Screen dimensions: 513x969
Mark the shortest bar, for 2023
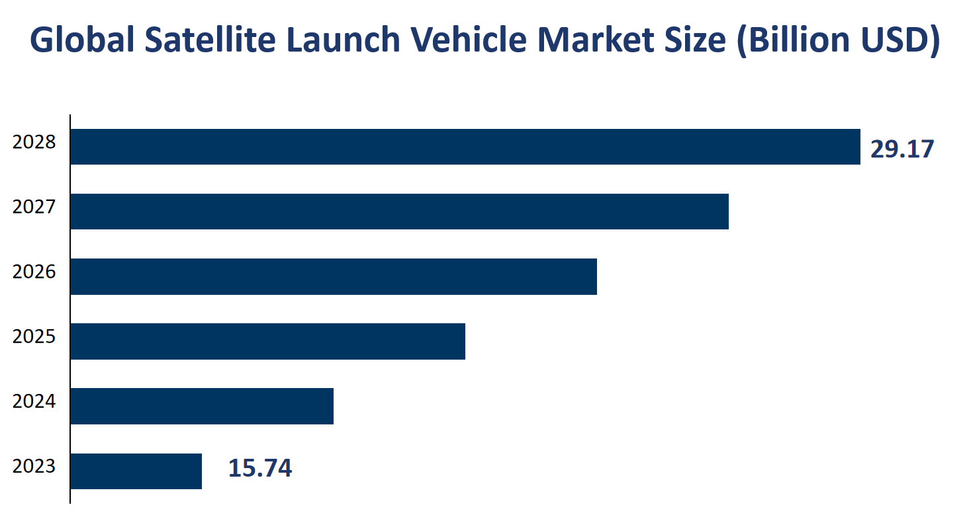pyautogui.click(x=136, y=471)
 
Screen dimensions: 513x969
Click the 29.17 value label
pyautogui.click(x=901, y=149)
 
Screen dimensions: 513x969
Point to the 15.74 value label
pyautogui.click(x=259, y=469)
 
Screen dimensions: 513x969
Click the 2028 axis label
pyautogui.click(x=34, y=142)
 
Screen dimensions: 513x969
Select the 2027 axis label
pyautogui.click(x=34, y=207)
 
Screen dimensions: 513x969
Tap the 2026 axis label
pyautogui.click(x=34, y=272)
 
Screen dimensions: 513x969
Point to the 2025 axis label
pyautogui.click(x=34, y=336)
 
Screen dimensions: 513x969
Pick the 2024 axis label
pyautogui.click(x=34, y=401)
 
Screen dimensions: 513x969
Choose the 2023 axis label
pyautogui.click(x=34, y=466)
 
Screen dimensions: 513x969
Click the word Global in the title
pyautogui.click(x=81, y=41)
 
